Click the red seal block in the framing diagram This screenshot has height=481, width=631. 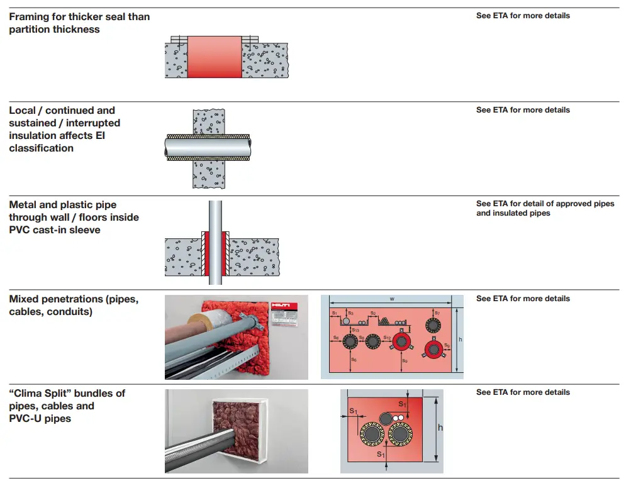(215, 57)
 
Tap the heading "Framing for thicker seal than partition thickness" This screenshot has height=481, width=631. (79, 23)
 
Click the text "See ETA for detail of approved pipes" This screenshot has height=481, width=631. (545, 204)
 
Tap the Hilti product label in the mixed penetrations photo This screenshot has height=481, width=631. (284, 312)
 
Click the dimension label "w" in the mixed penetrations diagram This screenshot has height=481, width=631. (392, 299)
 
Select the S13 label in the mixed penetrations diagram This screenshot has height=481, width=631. (356, 329)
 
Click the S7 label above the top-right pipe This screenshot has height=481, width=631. (437, 312)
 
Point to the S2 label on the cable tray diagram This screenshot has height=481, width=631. (372, 312)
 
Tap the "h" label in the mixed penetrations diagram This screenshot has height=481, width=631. (461, 340)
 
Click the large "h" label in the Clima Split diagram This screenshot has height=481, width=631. (440, 428)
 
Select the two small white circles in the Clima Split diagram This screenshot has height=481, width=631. (398, 417)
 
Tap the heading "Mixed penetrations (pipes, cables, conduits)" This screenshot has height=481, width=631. (74, 306)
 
